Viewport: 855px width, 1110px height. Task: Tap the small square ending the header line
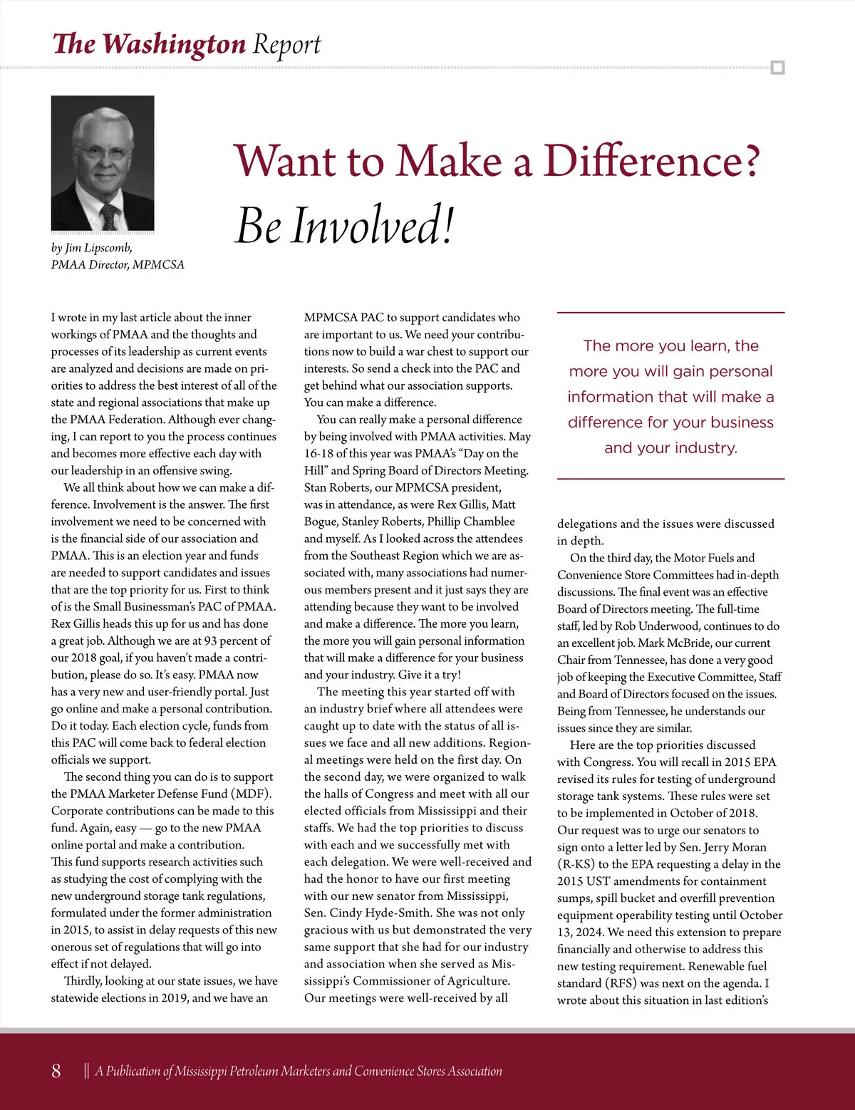777,68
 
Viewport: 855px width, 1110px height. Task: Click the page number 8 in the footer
56,1071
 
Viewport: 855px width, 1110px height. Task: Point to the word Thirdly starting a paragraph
83,981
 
